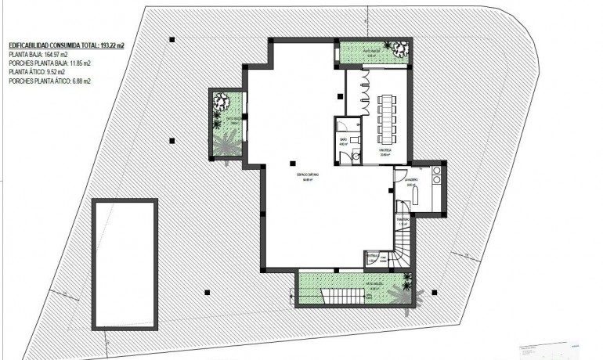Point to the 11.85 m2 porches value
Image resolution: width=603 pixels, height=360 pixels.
77,64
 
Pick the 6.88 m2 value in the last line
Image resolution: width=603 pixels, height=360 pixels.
81,80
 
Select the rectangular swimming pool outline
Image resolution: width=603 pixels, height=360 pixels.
124,264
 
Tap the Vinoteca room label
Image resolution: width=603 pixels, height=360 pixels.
385,153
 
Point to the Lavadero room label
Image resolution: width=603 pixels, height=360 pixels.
412,179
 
